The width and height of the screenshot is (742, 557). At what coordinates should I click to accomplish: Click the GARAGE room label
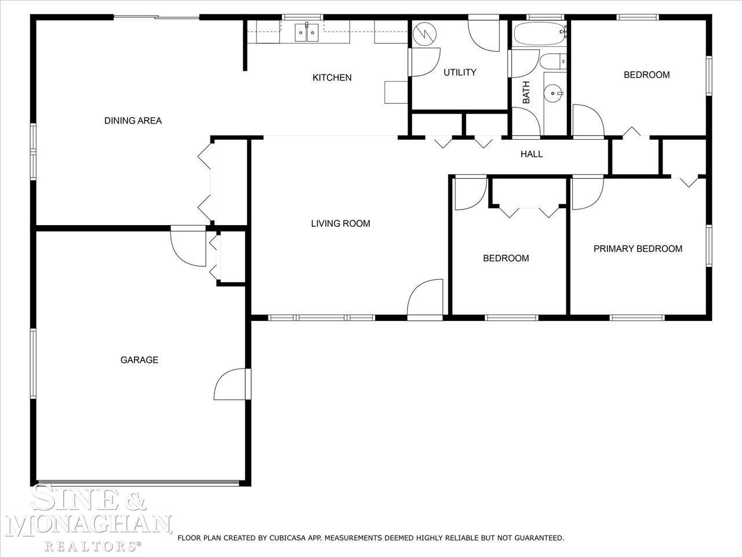[139, 360]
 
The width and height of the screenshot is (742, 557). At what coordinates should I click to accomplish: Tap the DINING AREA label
[133, 121]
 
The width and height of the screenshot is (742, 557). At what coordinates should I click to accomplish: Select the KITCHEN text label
[332, 78]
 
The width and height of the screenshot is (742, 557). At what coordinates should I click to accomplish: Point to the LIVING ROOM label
[340, 223]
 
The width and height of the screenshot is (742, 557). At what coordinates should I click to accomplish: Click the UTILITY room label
[460, 73]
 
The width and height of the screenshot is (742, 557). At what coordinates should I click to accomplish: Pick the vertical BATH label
[526, 92]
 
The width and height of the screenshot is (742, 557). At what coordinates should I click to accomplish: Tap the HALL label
[532, 154]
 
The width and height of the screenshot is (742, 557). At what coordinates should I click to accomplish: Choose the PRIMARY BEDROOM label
[638, 249]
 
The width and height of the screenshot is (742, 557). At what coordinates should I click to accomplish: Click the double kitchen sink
[307, 32]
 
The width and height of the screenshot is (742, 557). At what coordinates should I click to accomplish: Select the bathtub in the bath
[540, 34]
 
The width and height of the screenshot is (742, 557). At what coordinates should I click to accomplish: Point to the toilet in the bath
[553, 62]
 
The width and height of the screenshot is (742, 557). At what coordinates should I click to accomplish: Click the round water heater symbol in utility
[424, 34]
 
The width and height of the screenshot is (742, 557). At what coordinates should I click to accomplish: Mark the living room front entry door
[425, 299]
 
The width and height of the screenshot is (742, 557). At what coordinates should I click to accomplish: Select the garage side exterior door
[232, 384]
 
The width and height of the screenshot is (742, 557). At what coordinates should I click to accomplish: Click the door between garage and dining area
[188, 246]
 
